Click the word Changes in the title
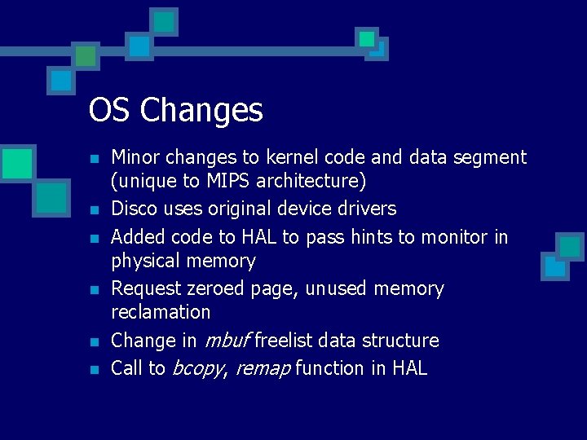point(201,110)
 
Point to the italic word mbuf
point(226,341)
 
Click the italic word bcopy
point(196,369)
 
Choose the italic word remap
point(263,369)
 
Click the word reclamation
point(161,312)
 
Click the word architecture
point(306,180)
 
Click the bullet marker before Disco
point(95,210)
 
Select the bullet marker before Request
point(95,290)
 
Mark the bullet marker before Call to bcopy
point(95,370)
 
